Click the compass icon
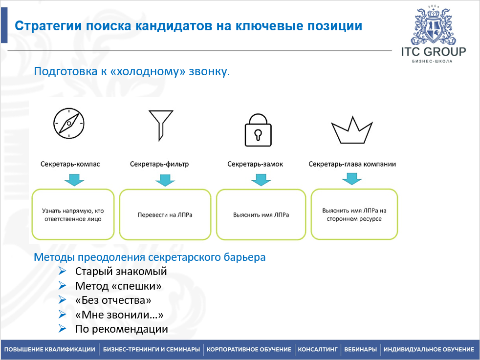pos(69,123)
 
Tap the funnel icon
pos(160,124)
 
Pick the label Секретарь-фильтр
pos(159,164)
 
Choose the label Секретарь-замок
pos(255,164)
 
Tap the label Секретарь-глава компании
pos(352,164)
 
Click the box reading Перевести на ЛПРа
pos(165,215)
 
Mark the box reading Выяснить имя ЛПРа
pos(261,215)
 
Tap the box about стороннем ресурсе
pos(354,214)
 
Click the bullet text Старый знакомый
pos(121,271)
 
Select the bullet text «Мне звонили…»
pos(119,315)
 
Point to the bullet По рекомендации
pos(121,329)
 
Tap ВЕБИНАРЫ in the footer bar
pos(360,350)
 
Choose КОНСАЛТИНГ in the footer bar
pos(318,350)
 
